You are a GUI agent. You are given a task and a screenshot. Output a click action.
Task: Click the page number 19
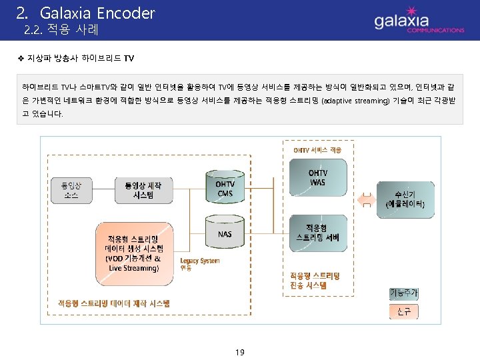pos(240,351)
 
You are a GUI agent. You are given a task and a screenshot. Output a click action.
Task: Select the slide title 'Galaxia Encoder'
pos(97,13)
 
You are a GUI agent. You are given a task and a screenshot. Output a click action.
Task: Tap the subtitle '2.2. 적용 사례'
pos(61,30)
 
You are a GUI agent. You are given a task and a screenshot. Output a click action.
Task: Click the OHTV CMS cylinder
pos(225,184)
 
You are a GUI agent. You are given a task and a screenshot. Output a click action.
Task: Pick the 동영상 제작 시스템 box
pos(144,189)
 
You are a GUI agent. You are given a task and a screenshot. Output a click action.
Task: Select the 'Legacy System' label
pos(199,261)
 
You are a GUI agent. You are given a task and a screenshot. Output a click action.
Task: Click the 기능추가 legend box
pos(404,293)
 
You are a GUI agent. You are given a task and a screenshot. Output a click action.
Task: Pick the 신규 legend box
pos(404,311)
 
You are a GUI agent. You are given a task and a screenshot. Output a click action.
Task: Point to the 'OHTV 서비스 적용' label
pos(317,150)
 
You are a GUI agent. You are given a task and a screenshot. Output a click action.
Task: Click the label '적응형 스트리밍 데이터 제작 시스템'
pos(114,303)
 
